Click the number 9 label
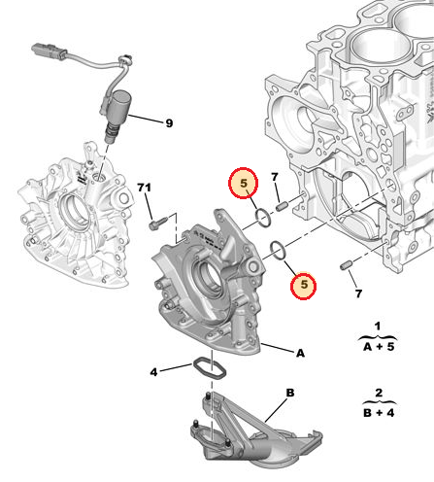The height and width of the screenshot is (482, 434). click(168, 123)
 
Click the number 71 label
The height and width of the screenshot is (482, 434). click(144, 187)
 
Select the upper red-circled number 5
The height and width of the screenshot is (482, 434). click(244, 182)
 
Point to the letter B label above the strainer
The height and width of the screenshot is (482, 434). click(288, 394)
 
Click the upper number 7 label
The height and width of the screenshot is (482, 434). click(275, 177)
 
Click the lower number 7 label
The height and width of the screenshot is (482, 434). click(358, 293)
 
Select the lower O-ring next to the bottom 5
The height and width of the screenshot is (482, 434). click(278, 252)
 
